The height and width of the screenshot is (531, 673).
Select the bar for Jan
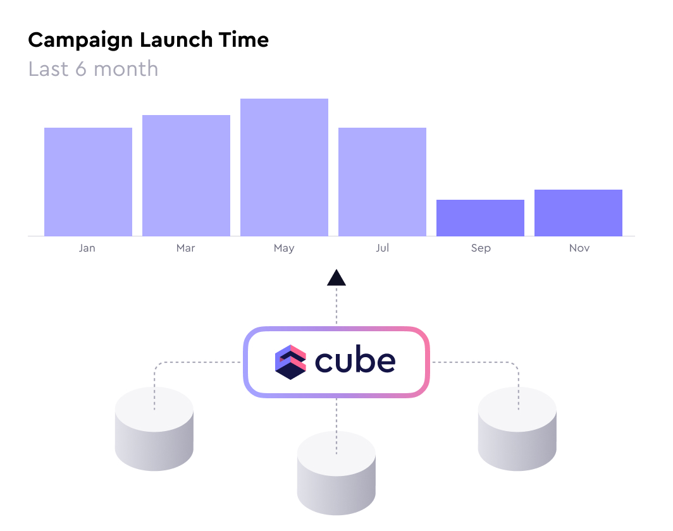tap(88, 182)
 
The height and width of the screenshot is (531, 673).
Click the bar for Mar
tap(186, 176)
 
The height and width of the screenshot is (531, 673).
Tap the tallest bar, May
tap(284, 168)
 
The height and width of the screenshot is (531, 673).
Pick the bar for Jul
tap(383, 182)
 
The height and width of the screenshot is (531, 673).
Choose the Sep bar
tap(480, 218)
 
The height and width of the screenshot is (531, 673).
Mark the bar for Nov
tap(578, 213)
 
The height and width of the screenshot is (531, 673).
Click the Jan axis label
tap(87, 248)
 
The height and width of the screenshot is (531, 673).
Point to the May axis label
tap(284, 248)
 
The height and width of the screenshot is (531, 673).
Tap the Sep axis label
tap(481, 248)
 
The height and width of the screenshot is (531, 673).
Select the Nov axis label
tap(579, 248)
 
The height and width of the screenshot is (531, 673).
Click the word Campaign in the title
tap(80, 40)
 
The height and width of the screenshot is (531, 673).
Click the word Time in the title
tap(244, 40)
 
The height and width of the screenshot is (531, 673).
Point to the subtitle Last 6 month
tap(93, 69)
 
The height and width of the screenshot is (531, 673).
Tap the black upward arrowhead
tap(337, 278)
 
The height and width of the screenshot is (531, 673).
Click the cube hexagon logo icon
tap(290, 362)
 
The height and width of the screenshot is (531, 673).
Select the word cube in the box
tap(355, 361)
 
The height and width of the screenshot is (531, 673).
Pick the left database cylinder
tap(154, 429)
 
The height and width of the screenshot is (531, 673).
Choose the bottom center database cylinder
tap(337, 473)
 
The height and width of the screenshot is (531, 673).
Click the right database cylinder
tap(517, 429)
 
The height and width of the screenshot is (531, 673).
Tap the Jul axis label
tap(383, 248)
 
